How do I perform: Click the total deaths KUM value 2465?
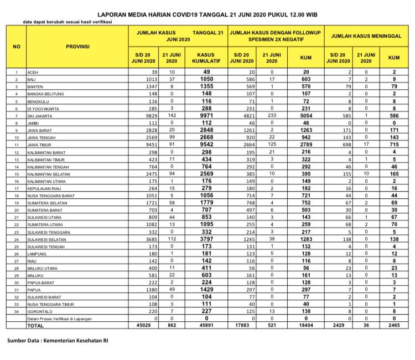pyautogui.click(x=394, y=326)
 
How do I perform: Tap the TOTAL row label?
pyautogui.click(x=35, y=326)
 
